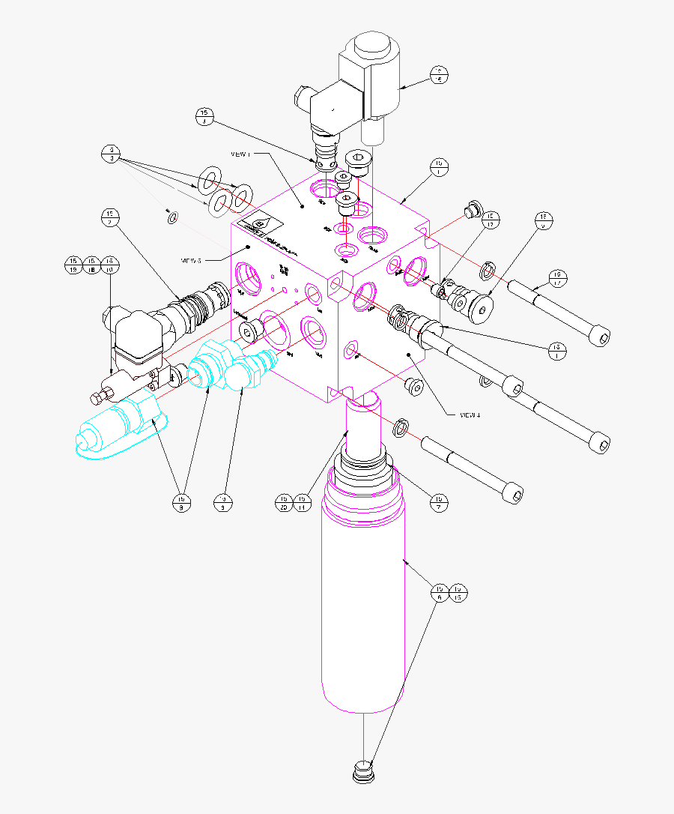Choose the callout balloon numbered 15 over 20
pyautogui.click(x=285, y=502)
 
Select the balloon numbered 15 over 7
pyautogui.click(x=438, y=502)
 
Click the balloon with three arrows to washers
pyautogui.click(x=110, y=154)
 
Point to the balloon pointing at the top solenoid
pyautogui.click(x=440, y=73)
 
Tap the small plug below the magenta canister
pyautogui.click(x=362, y=772)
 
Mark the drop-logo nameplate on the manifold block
pyautogui.click(x=258, y=226)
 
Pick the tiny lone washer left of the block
pyautogui.click(x=171, y=217)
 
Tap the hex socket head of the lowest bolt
pyautogui.click(x=513, y=493)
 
